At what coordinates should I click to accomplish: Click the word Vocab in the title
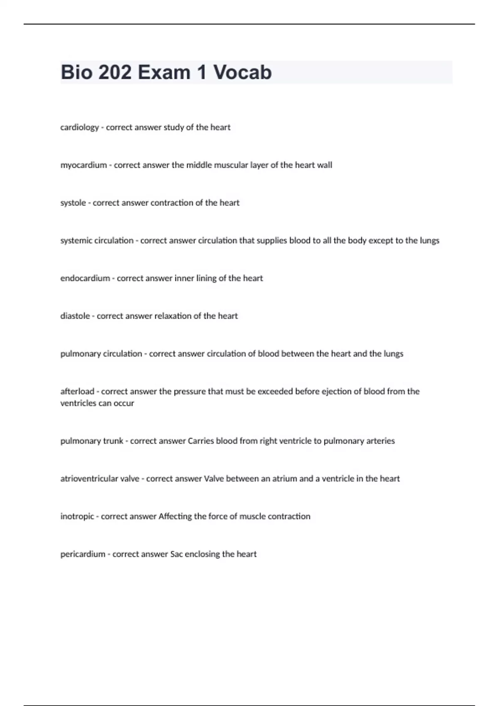pos(242,72)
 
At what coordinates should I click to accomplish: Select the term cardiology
pos(79,127)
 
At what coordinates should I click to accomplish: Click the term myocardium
pos(84,165)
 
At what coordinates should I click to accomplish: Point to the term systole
pos(73,203)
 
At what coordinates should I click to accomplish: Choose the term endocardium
pos(85,278)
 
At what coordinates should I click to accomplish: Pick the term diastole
pos(75,316)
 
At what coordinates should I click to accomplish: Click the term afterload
pos(77,391)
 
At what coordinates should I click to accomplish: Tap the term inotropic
pos(77,516)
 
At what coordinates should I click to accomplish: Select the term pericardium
pos(83,554)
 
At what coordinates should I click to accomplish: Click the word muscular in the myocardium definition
pos(232,165)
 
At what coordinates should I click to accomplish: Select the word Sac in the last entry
pos(176,554)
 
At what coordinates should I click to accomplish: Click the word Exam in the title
pos(164,72)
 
